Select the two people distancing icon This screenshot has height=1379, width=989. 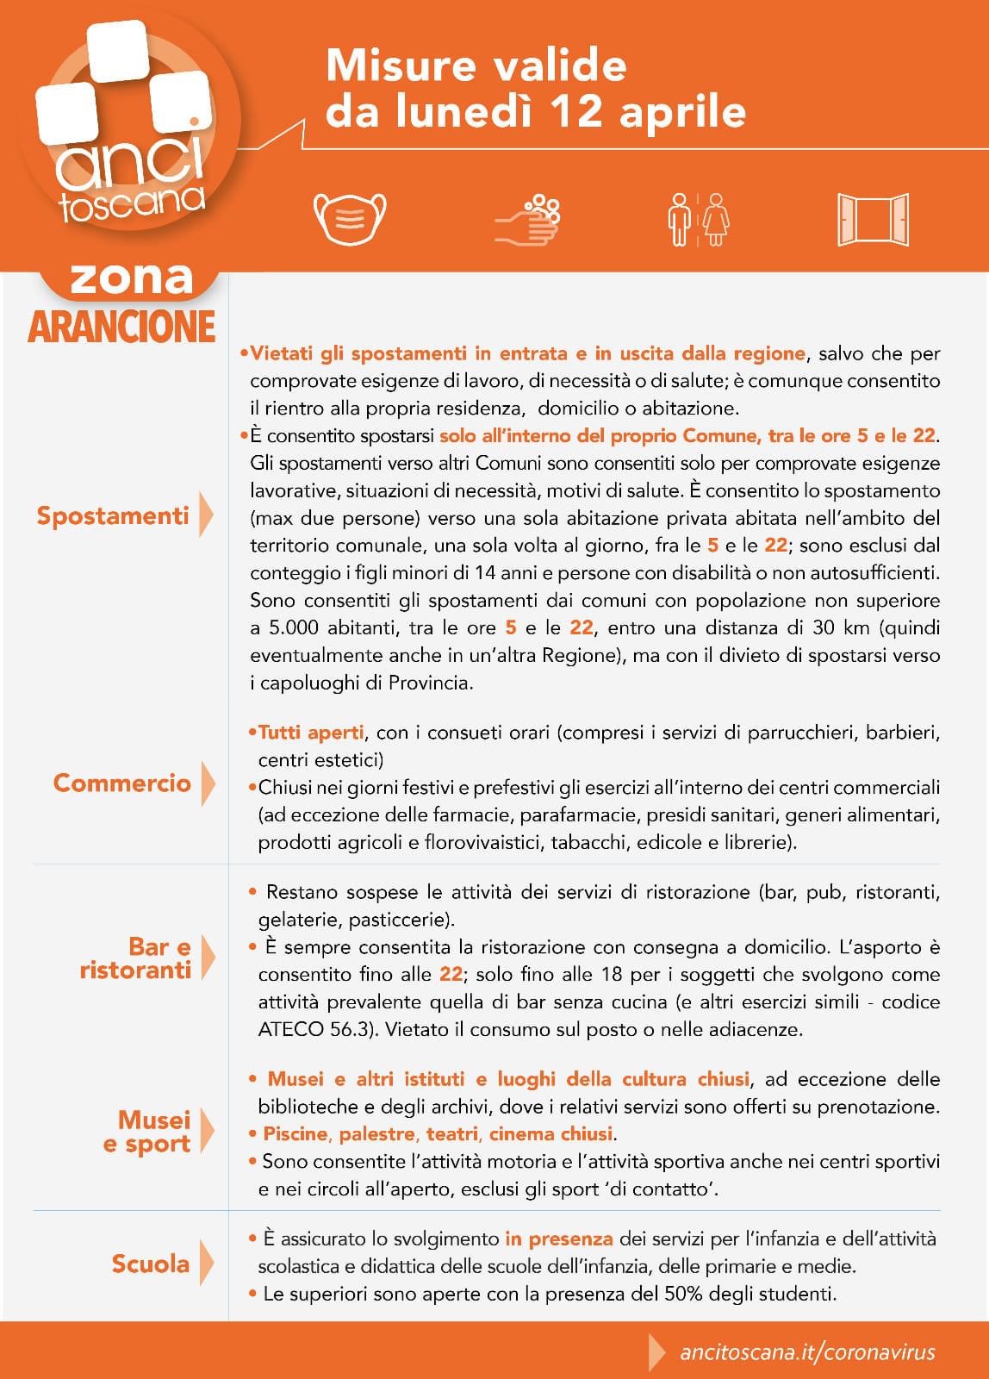(698, 220)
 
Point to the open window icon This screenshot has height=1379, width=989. (873, 220)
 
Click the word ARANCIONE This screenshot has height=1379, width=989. (121, 327)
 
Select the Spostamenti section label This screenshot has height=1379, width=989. (112, 515)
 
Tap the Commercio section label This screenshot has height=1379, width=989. (121, 783)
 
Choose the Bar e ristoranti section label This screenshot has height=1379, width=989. (136, 958)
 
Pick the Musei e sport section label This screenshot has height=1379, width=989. (147, 1132)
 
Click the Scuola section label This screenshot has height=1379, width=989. (150, 1264)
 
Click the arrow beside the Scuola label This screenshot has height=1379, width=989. (206, 1264)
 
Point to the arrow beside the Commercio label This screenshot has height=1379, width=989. (207, 783)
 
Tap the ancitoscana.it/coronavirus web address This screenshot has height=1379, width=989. (807, 1351)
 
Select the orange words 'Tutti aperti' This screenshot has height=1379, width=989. (311, 733)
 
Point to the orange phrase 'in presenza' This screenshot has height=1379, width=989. (559, 1239)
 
